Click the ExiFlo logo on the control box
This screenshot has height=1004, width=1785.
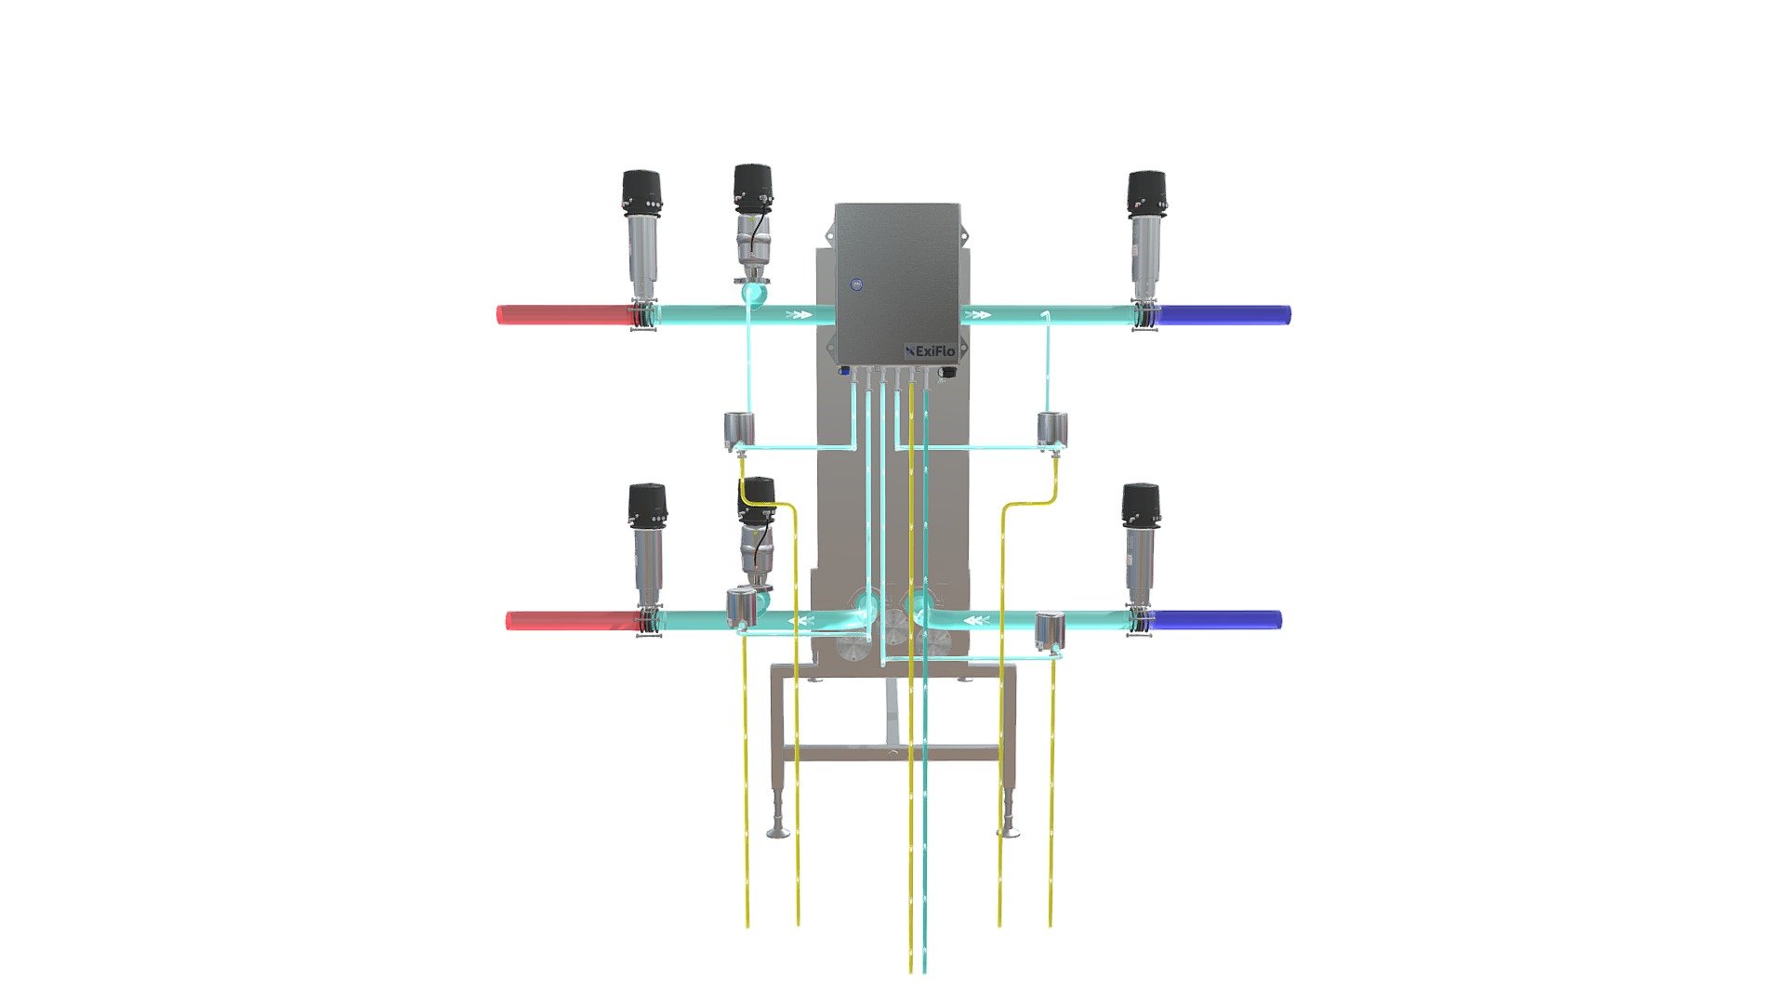click(929, 350)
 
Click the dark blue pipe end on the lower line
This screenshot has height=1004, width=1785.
click(1217, 619)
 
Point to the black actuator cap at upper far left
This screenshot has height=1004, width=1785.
click(641, 191)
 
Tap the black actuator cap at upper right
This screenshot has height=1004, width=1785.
click(1147, 192)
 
